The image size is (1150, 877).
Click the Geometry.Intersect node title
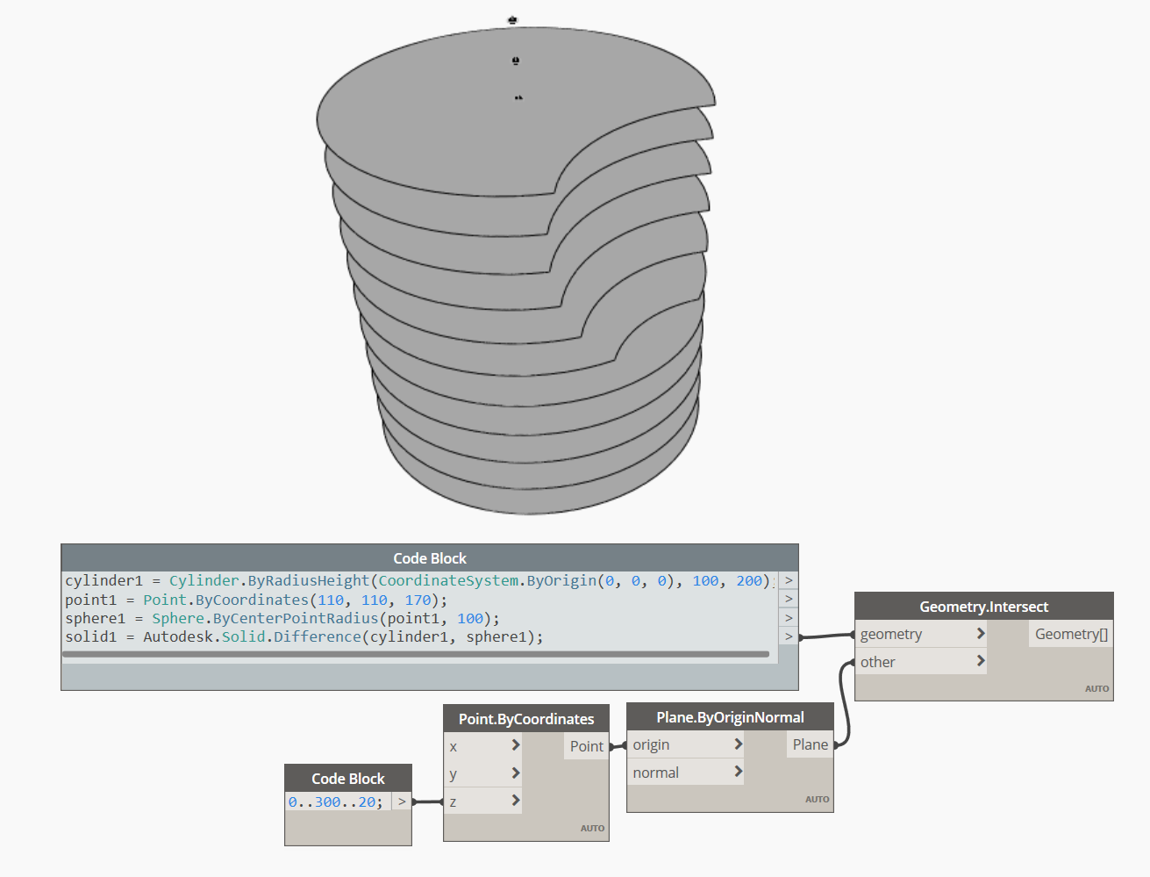pyautogui.click(x=983, y=607)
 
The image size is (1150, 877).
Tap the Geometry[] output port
pyautogui.click(x=1071, y=634)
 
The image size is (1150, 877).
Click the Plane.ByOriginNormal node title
pyautogui.click(x=730, y=717)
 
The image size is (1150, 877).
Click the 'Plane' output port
pyautogui.click(x=810, y=744)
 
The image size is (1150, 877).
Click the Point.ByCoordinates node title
pyautogui.click(x=525, y=719)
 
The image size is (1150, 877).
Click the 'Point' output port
pyautogui.click(x=586, y=746)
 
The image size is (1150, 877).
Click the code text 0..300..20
pyautogui.click(x=335, y=802)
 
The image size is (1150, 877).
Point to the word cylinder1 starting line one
pyautogui.click(x=104, y=580)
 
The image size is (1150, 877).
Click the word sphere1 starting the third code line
pyautogui.click(x=95, y=618)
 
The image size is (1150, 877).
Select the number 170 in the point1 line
pyautogui.click(x=418, y=600)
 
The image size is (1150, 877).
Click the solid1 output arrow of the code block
pyautogui.click(x=789, y=636)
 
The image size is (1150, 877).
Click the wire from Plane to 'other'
pyautogui.click(x=844, y=702)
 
